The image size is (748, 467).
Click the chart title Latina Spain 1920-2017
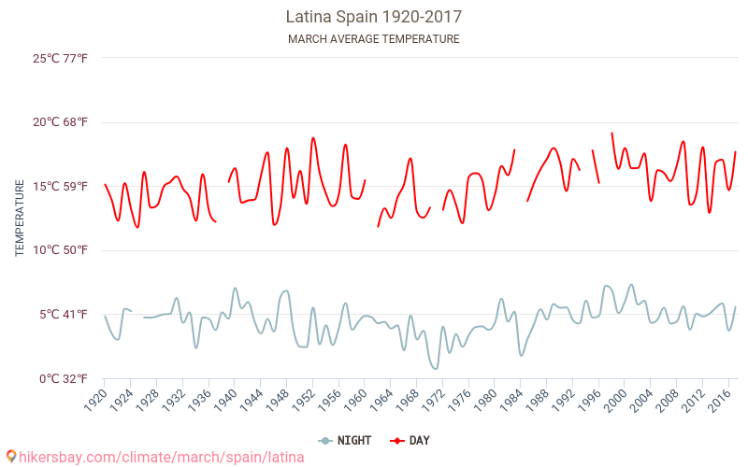point(374,17)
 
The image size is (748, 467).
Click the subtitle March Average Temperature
point(374,39)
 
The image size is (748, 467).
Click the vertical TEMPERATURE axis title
point(20,219)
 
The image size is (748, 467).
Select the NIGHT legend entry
point(345,441)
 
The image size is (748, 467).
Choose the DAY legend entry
point(410,441)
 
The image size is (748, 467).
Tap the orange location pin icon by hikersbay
point(10,456)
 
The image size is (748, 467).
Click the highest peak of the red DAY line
point(612,133)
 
